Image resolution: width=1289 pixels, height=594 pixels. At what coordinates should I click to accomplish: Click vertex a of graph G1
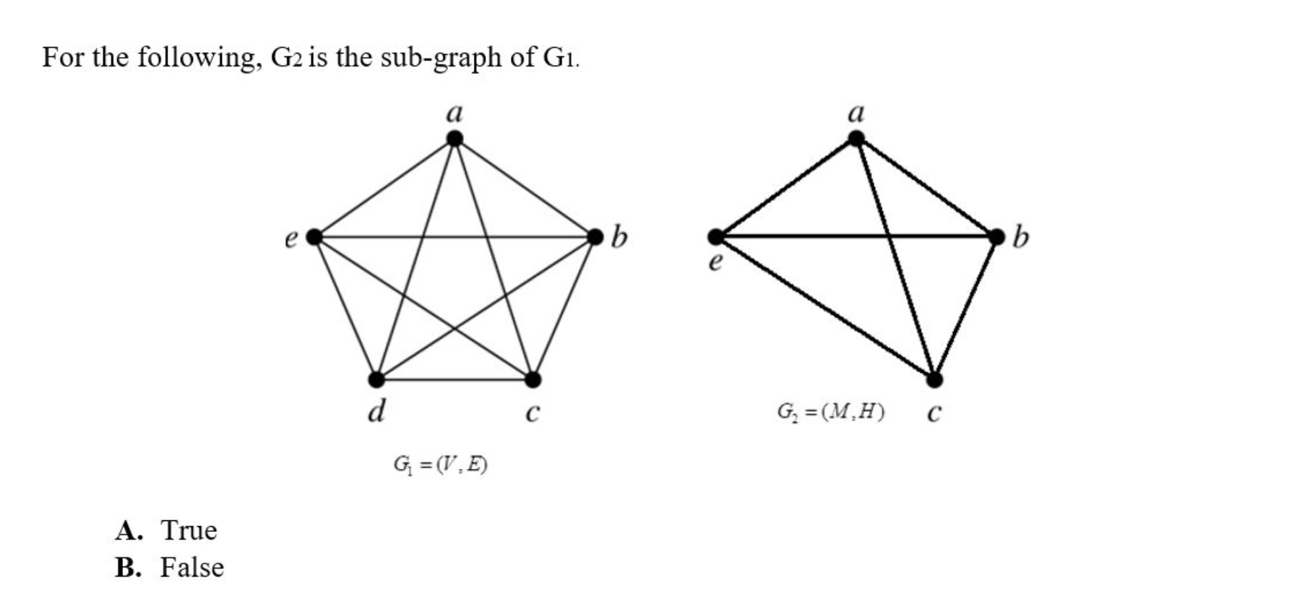coord(454,138)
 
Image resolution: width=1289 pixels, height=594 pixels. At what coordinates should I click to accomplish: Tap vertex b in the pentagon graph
coord(595,236)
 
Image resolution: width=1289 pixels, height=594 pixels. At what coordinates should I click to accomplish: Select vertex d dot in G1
coord(376,379)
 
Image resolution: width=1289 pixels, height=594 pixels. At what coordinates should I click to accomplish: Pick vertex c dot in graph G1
coord(533,379)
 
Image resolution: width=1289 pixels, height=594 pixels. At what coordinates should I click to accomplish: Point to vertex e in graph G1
coord(314,236)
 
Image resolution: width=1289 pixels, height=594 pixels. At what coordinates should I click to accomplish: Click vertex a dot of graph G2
coord(855,138)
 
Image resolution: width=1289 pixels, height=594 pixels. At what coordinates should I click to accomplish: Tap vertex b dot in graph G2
coord(996,236)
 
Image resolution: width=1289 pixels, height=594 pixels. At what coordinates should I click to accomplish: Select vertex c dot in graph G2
coord(934,379)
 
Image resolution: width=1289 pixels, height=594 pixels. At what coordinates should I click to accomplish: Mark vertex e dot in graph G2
coord(715,236)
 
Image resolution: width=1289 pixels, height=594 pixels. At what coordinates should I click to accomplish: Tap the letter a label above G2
coord(855,113)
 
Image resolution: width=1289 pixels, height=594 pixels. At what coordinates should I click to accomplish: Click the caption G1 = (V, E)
coord(440,464)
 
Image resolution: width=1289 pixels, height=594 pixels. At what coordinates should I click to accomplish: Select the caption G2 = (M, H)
coord(830,412)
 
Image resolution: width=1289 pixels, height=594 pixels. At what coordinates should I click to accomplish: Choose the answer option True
coord(189,530)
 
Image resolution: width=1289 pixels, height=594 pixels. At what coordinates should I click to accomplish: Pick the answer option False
coord(191,567)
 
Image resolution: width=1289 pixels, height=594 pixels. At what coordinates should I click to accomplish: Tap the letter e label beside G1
coord(291,238)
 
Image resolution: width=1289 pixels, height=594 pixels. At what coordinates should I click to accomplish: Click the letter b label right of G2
coord(1020,236)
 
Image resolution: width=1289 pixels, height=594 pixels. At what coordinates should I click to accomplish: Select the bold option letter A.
coord(129,530)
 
